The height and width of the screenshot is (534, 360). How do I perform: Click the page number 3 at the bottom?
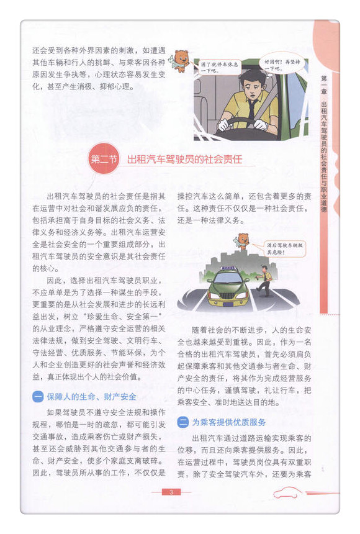coord(171,492)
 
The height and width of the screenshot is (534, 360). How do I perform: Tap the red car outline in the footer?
coord(287,492)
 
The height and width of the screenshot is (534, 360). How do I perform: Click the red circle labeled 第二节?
coord(103,159)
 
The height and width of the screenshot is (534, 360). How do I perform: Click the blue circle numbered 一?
coord(38,396)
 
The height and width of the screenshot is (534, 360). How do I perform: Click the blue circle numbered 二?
coord(183,422)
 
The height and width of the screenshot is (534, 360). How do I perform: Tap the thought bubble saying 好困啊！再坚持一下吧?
coord(279,65)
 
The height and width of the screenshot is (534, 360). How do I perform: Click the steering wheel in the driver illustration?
coord(248,130)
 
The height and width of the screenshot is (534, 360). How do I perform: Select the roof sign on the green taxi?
coord(230,268)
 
